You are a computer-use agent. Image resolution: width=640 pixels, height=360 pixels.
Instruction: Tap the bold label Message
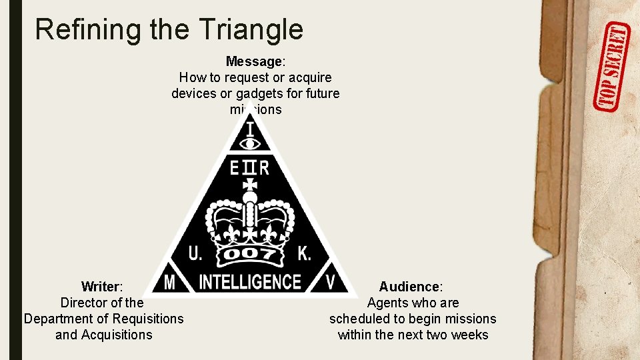click(x=254, y=62)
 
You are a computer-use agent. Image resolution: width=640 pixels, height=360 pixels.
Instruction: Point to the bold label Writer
click(x=101, y=287)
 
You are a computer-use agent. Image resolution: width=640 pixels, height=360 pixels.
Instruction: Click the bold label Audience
click(x=409, y=287)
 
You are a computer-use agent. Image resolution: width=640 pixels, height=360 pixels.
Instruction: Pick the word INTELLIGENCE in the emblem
click(x=250, y=282)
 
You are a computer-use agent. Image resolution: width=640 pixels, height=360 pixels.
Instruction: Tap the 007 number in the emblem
click(x=250, y=255)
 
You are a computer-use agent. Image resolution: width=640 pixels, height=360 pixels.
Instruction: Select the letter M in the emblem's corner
click(x=169, y=283)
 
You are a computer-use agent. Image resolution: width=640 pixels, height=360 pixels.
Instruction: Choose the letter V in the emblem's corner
click(x=331, y=283)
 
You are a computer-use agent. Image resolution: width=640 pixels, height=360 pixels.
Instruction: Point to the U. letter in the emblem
click(x=196, y=253)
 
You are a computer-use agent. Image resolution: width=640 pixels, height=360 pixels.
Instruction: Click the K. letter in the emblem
click(x=304, y=253)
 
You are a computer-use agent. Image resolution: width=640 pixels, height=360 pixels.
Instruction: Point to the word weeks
click(x=470, y=335)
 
